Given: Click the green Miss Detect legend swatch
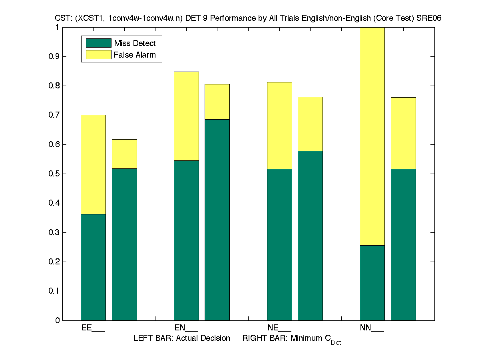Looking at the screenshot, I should pos(98,43).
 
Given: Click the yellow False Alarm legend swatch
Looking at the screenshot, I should pos(98,55).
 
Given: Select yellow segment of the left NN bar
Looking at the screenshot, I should pos(372,136).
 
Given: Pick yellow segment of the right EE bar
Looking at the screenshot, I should pos(124,154).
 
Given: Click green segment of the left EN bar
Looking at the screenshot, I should pos(186,240).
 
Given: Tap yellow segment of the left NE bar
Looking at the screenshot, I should pos(279,125).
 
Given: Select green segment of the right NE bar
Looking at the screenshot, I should pos(310,236).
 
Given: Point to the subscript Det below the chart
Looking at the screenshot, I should pos(336,343).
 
